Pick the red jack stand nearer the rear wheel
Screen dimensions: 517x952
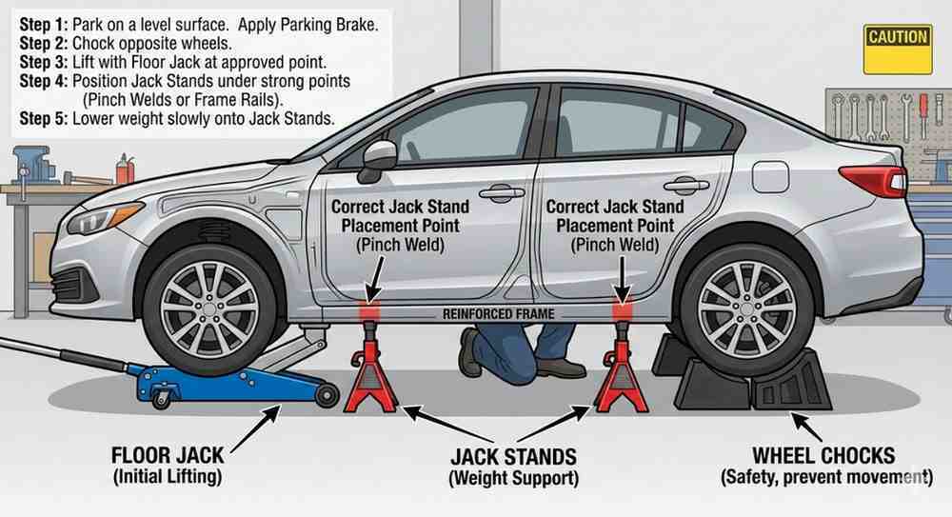622,366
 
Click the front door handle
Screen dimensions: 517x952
501,192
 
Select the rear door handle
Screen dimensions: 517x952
685,185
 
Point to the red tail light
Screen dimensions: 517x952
871,179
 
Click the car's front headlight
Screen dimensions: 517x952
106,218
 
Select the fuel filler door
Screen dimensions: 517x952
770,176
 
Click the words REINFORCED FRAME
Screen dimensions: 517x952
498,313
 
